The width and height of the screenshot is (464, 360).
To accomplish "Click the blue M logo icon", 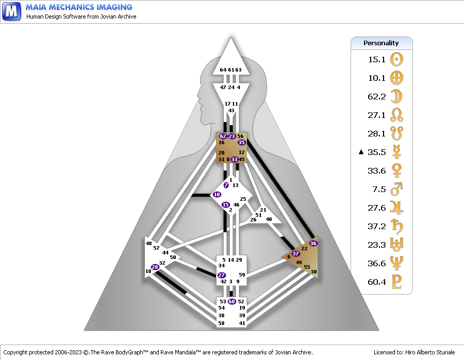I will point(11,11).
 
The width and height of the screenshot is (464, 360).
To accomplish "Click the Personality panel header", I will point(382,43).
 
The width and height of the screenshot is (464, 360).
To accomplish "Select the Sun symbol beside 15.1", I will point(397,59).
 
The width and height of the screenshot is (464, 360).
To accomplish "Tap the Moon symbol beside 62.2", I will point(397,96).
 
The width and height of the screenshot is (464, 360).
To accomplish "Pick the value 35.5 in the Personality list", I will point(377,152).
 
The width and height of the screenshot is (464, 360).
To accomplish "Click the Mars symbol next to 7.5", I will point(397,189).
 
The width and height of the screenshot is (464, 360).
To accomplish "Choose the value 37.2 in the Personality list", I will point(377,226).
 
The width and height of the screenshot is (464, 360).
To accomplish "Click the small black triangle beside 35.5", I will point(361,152).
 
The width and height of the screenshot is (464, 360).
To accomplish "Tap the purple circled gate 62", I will point(223,136).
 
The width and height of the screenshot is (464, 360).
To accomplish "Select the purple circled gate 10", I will point(217,195).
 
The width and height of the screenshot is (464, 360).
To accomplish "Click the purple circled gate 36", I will point(313,243).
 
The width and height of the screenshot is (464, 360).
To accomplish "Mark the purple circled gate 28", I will point(155,267).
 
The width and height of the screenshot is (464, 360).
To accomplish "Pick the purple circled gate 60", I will point(232,302).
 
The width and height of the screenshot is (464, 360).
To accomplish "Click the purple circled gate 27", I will point(222,276).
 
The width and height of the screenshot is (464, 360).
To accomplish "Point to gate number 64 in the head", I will point(223,70).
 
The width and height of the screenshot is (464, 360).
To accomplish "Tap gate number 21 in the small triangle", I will point(263,210).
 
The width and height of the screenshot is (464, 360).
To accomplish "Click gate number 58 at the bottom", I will point(222,323).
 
